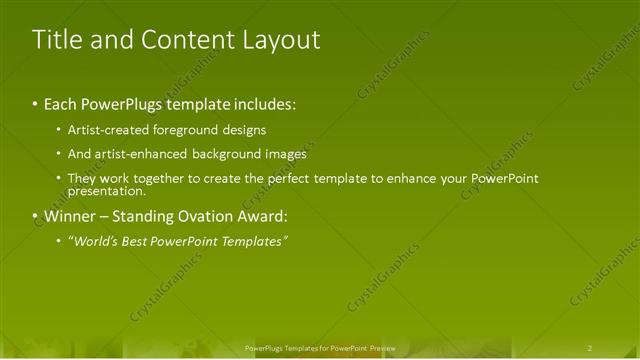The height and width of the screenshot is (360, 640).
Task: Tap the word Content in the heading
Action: (x=188, y=40)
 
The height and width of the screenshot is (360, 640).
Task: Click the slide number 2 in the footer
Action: (x=590, y=348)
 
